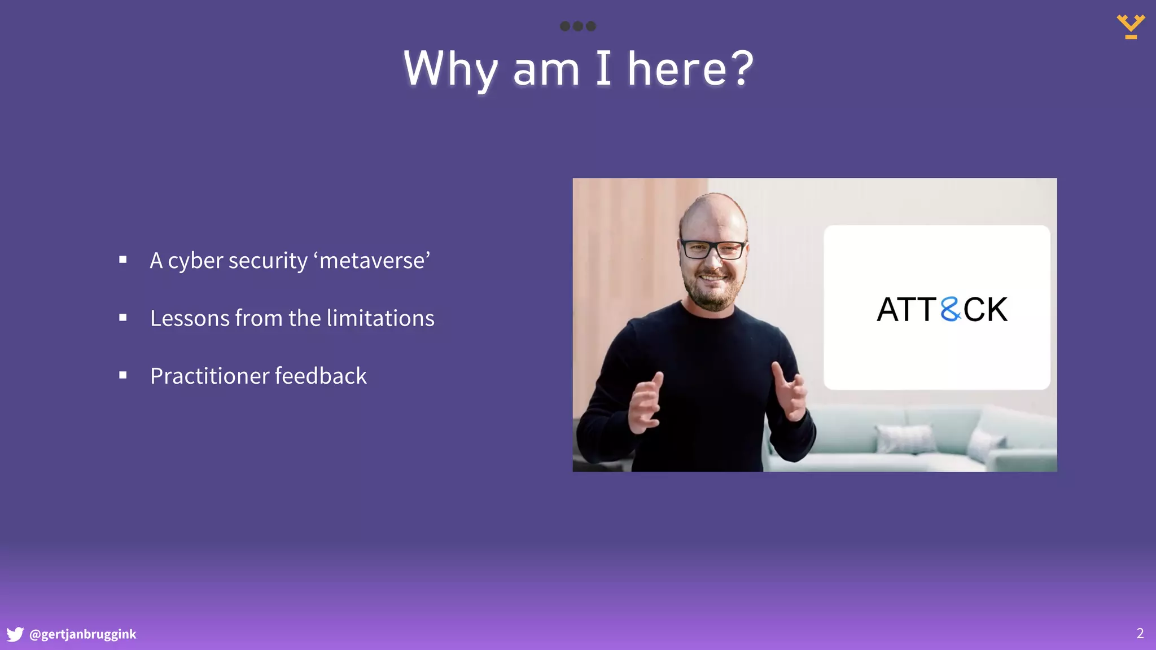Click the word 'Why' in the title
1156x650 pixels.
pos(450,69)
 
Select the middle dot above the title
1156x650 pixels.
pos(577,26)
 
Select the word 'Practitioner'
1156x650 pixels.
pos(209,376)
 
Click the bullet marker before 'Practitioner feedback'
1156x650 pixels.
pos(123,375)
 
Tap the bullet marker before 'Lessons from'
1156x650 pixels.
pos(123,318)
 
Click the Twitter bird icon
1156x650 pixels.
pos(15,634)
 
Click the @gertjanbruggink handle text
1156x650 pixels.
pos(83,634)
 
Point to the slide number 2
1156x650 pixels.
pos(1140,634)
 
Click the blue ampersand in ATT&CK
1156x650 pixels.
pos(951,309)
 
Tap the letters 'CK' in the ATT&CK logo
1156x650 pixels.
pos(985,309)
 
